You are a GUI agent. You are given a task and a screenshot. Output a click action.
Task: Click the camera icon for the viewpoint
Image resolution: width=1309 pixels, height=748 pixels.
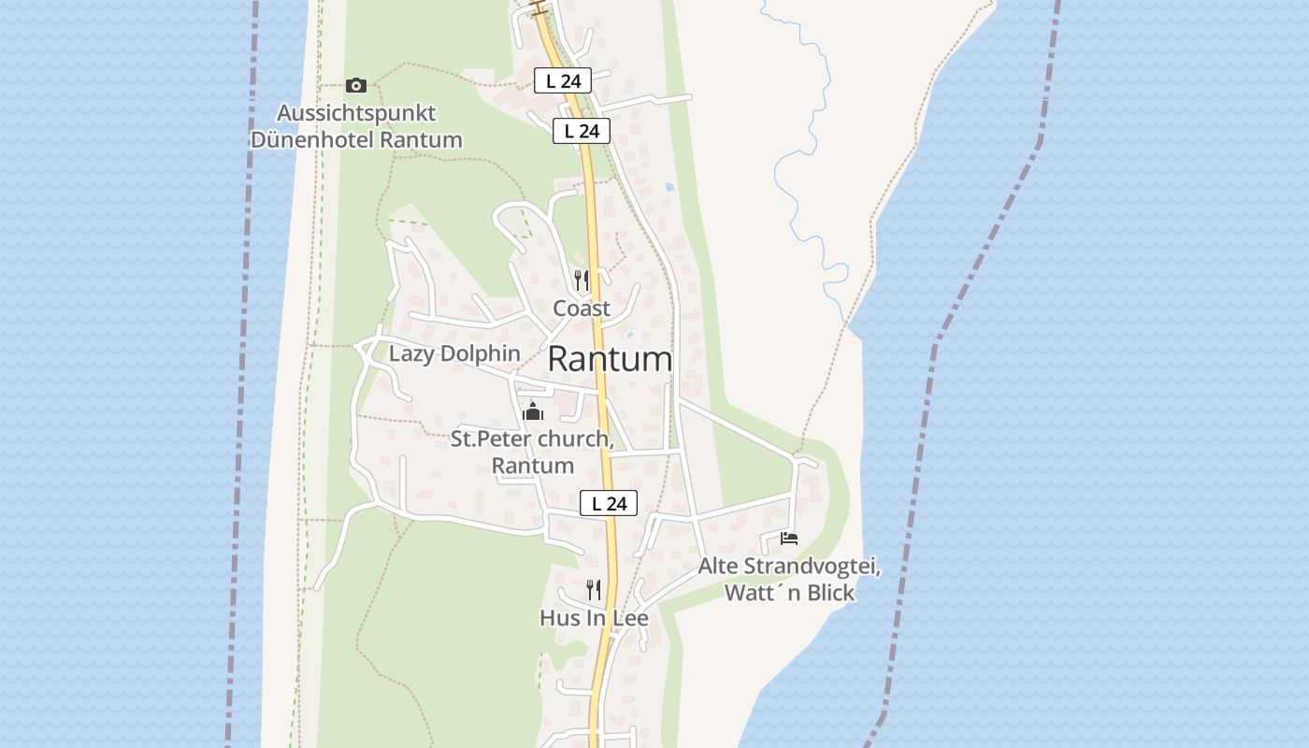pyautogui.click(x=355, y=86)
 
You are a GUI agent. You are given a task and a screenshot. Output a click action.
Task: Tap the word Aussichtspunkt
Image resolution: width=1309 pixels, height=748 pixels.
pyautogui.click(x=356, y=113)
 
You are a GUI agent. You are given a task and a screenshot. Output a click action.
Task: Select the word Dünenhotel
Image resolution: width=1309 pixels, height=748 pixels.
pyautogui.click(x=313, y=140)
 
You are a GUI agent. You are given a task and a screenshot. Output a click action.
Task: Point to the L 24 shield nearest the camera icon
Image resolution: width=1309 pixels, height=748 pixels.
pyautogui.click(x=563, y=80)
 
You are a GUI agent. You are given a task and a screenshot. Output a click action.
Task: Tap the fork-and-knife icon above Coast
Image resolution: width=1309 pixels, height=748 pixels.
pyautogui.click(x=581, y=280)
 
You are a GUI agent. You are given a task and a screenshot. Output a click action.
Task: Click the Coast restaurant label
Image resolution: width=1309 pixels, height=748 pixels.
pyautogui.click(x=581, y=308)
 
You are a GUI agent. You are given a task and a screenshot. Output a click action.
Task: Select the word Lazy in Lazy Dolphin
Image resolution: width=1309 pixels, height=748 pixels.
pyautogui.click(x=411, y=353)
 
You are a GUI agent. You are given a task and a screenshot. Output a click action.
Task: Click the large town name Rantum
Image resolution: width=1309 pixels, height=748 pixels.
pyautogui.click(x=610, y=359)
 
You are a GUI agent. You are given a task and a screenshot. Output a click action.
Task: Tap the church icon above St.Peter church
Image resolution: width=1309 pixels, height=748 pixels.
pyautogui.click(x=532, y=411)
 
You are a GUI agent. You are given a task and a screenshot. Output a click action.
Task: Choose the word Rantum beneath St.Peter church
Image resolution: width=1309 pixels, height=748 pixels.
pyautogui.click(x=532, y=465)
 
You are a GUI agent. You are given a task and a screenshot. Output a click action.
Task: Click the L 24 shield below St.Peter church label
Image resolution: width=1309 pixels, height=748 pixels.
pyautogui.click(x=608, y=503)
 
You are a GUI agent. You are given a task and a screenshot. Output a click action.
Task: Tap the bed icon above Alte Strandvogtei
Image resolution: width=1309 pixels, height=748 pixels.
pyautogui.click(x=789, y=539)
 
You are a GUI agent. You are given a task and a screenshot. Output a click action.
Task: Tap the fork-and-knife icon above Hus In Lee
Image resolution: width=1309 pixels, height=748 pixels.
pyautogui.click(x=593, y=589)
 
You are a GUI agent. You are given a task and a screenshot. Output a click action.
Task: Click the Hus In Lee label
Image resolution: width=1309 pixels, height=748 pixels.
pyautogui.click(x=594, y=618)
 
